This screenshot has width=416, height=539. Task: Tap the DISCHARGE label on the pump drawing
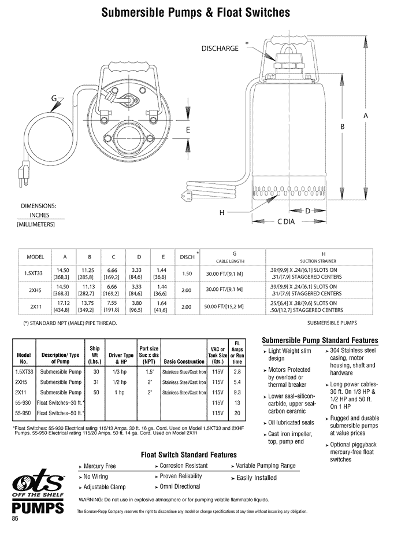pos(220,49)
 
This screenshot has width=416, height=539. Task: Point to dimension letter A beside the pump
pos(366,116)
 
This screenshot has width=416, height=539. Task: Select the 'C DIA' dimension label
pos(288,221)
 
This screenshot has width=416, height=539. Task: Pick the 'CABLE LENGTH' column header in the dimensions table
pos(234,261)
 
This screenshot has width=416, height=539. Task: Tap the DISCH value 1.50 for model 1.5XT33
pos(187,274)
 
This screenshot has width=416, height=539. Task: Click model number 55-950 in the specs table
pos(24,413)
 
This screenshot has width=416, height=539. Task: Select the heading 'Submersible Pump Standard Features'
pos(320,340)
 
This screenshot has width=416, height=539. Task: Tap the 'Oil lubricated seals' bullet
pos(291,423)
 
